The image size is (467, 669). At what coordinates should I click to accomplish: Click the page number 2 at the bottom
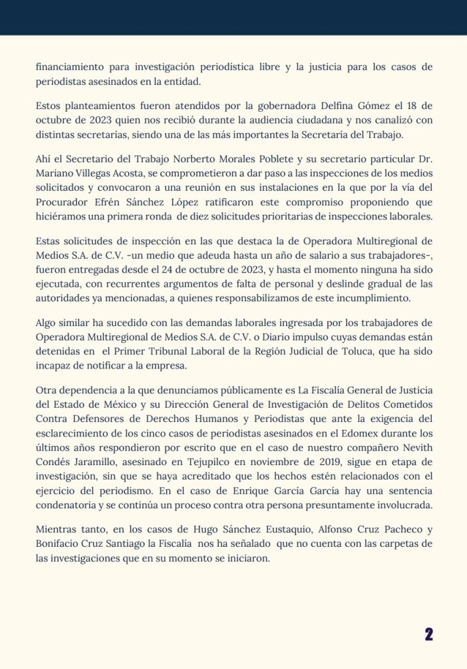click(429, 634)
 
